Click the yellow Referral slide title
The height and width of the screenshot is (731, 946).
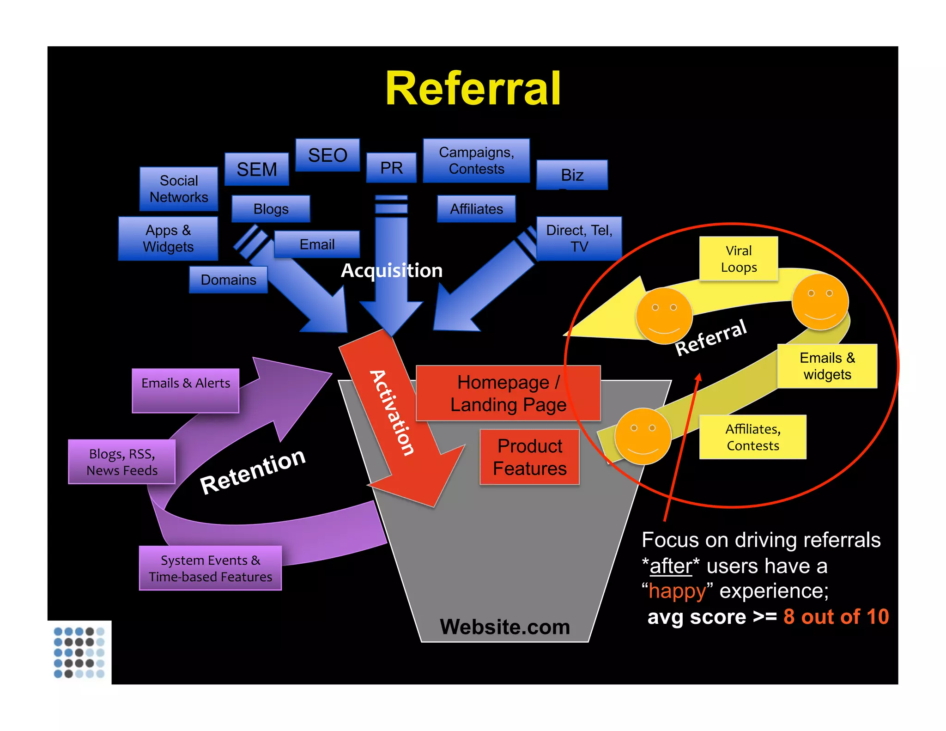pyautogui.click(x=473, y=89)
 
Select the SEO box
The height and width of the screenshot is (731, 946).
pyautogui.click(x=327, y=155)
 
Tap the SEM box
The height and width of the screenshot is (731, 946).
pyautogui.click(x=257, y=170)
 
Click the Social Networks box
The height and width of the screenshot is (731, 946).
pyautogui.click(x=179, y=189)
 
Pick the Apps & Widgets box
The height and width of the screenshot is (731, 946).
pyautogui.click(x=168, y=238)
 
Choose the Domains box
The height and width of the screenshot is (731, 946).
pyautogui.click(x=228, y=280)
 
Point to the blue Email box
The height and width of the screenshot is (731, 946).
pyautogui.click(x=317, y=244)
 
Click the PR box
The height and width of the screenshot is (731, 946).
pyautogui.click(x=391, y=168)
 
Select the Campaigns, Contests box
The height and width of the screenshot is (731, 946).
pyautogui.click(x=476, y=160)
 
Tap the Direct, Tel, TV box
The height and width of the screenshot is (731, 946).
pyautogui.click(x=579, y=238)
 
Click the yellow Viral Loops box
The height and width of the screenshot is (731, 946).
pyautogui.click(x=739, y=259)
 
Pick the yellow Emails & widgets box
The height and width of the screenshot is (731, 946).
pyautogui.click(x=827, y=366)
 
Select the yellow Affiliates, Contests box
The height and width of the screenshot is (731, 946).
pyautogui.click(x=752, y=437)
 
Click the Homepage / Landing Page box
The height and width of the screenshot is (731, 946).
pyautogui.click(x=508, y=393)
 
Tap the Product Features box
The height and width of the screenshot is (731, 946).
pyautogui.click(x=529, y=457)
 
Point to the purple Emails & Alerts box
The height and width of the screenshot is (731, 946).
pyautogui.click(x=185, y=390)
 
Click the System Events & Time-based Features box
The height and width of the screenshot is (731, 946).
pyautogui.click(x=210, y=568)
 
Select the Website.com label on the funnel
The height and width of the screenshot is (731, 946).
pyautogui.click(x=505, y=627)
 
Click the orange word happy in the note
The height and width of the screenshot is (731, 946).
pyautogui.click(x=677, y=591)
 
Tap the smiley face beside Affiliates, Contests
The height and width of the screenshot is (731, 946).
pyautogui.click(x=643, y=436)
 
